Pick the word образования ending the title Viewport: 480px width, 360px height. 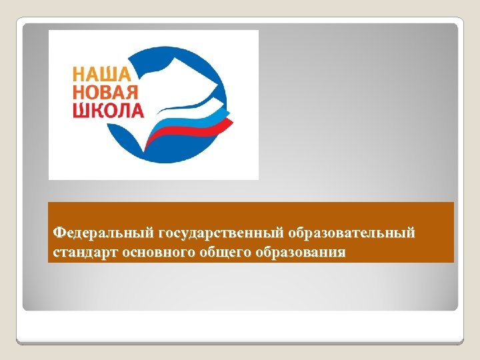click(303, 253)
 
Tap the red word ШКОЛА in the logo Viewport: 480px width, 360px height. click(108, 109)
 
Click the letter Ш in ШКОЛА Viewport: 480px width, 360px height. click(81, 109)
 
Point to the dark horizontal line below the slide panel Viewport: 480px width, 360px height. click(240, 343)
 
